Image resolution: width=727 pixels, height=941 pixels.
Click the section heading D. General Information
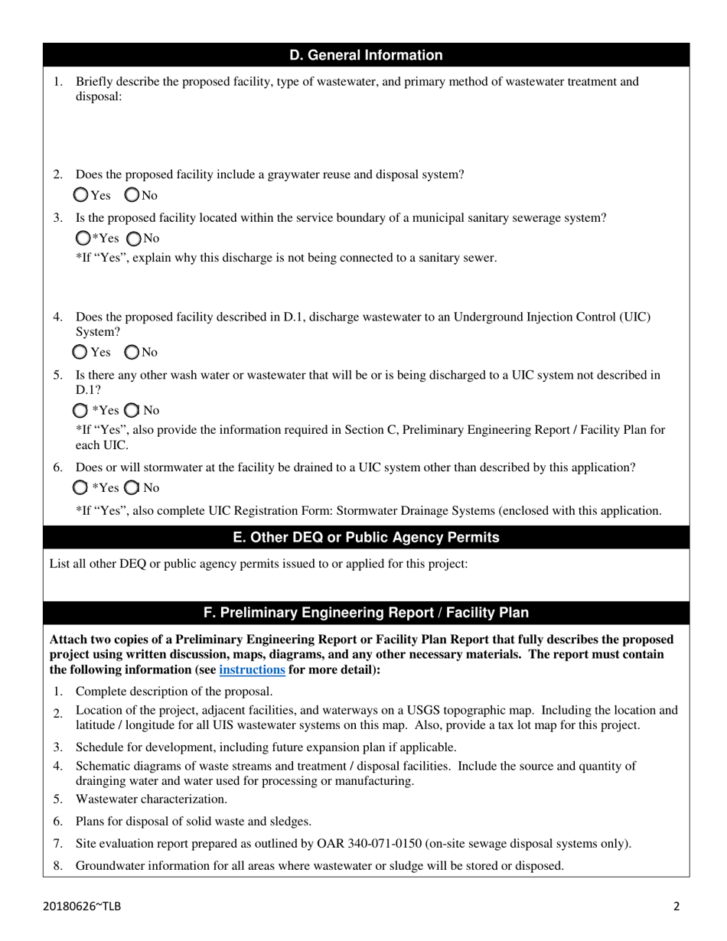pos(366,55)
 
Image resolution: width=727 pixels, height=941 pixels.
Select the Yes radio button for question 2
pos(81,195)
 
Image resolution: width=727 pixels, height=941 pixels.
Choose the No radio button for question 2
pos(132,195)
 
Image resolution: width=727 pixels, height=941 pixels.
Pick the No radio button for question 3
pos(134,238)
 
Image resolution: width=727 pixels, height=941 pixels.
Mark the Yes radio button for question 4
pos(80,352)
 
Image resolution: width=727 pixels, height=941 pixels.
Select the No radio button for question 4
pos(132,352)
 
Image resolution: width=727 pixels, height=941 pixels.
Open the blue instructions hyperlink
pos(252,669)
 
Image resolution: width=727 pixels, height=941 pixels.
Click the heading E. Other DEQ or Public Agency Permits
pos(366,537)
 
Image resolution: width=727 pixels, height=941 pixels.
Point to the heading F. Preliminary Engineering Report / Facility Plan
pos(366,613)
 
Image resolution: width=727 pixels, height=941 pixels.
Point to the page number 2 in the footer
pos(676,907)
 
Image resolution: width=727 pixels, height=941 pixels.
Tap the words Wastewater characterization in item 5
pos(152,799)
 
